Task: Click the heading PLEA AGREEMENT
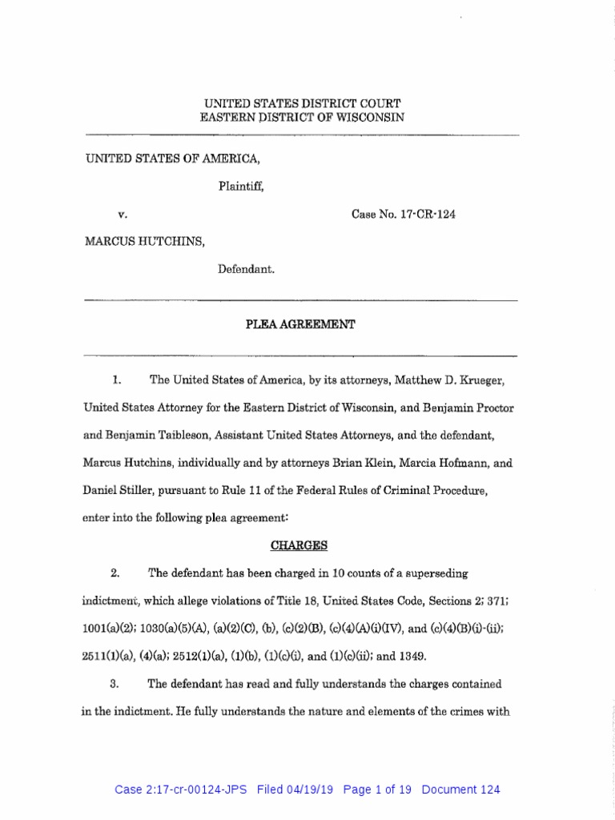pos(300,324)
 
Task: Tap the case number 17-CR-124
pos(404,215)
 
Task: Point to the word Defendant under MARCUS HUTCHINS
pos(247,270)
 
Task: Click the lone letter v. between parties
pos(123,215)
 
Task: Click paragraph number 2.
pos(115,573)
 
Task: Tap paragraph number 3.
pos(115,684)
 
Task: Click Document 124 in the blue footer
pos(460,790)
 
